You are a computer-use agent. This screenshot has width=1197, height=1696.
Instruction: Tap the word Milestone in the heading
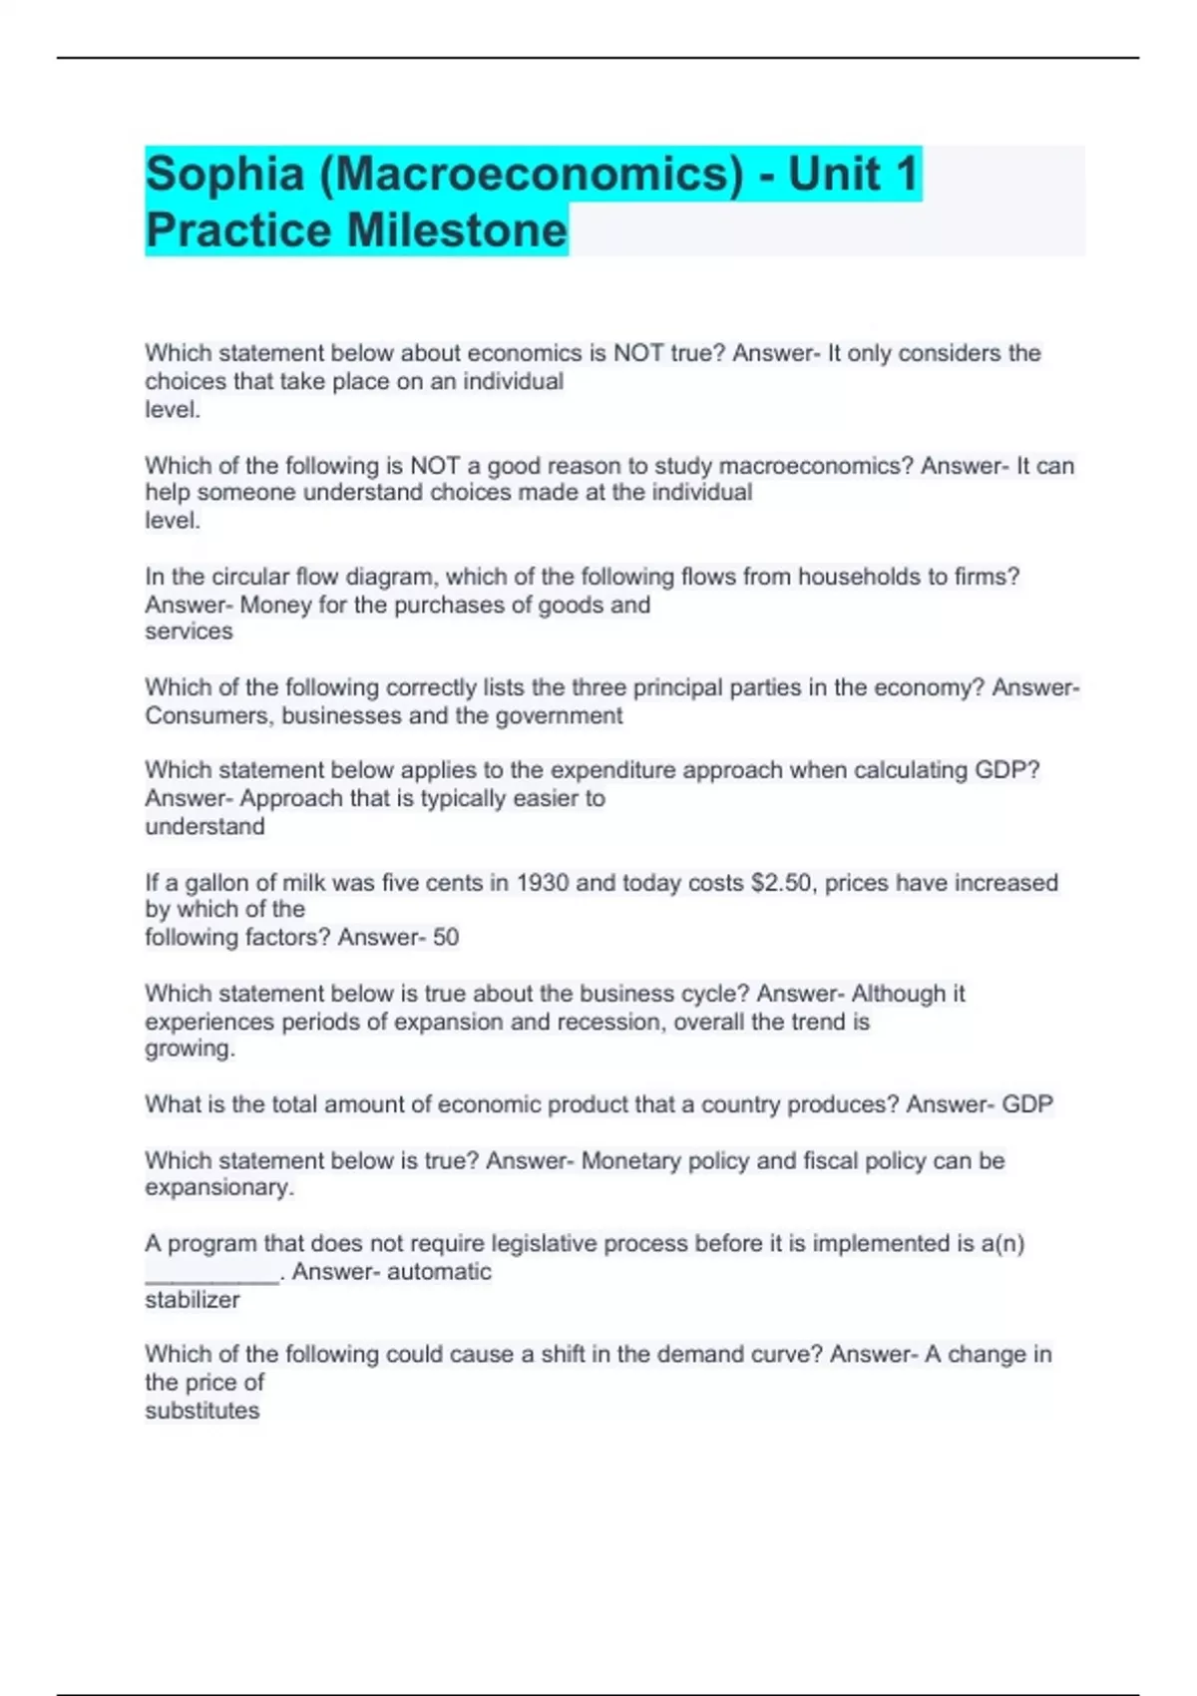pyautogui.click(x=457, y=230)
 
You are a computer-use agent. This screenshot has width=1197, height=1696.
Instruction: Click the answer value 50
pyautogui.click(x=446, y=938)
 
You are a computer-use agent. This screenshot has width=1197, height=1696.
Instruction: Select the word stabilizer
pyautogui.click(x=193, y=1300)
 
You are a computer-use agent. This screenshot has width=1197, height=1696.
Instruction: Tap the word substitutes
pyautogui.click(x=202, y=1411)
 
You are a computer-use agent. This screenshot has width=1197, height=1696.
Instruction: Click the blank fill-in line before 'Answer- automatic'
pyautogui.click(x=211, y=1274)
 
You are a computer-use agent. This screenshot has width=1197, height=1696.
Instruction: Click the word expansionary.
pyautogui.click(x=219, y=1188)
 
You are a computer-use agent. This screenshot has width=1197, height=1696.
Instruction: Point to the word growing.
pyautogui.click(x=190, y=1050)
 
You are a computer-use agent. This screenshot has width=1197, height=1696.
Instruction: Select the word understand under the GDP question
pyautogui.click(x=205, y=827)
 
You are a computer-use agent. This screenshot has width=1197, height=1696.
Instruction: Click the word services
pyautogui.click(x=189, y=632)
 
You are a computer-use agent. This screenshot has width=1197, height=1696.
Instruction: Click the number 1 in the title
pyautogui.click(x=906, y=175)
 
